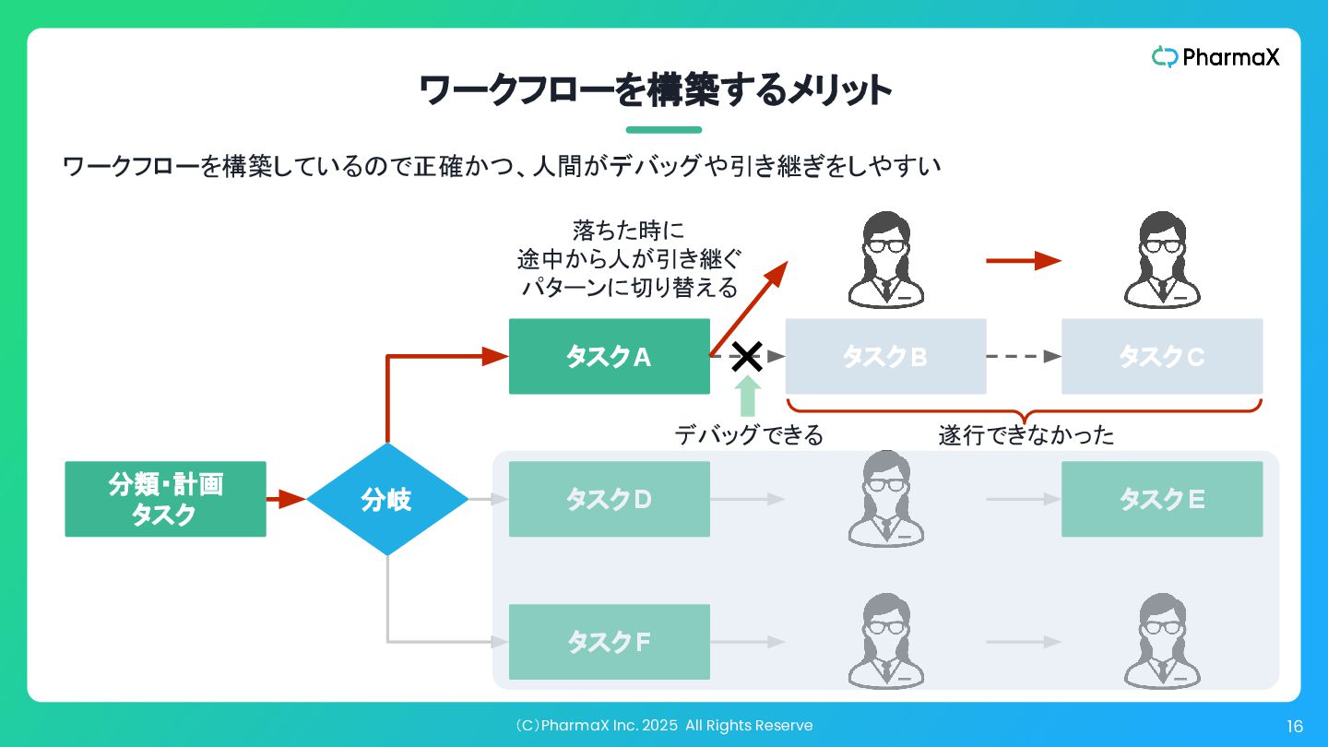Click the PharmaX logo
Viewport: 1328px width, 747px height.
pos(1215,57)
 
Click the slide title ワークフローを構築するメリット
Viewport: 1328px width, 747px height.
pos(656,91)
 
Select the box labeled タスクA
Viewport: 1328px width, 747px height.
pos(609,357)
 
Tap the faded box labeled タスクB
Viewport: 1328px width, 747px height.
pos(885,357)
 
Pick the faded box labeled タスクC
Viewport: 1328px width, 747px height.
pos(1162,357)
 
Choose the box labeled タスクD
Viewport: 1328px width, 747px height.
pos(609,499)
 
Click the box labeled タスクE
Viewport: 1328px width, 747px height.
pos(1162,499)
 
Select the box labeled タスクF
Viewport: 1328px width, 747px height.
pos(609,642)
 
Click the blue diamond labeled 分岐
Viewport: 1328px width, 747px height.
pos(387,499)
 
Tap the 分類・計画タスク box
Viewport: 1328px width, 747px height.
pos(165,499)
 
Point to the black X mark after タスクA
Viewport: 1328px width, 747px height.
pos(747,356)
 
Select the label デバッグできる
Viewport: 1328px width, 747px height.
pos(748,434)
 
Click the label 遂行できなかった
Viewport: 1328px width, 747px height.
pos(1026,434)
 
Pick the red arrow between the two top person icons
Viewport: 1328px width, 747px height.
pos(1023,261)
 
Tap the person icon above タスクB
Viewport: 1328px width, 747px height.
pos(885,260)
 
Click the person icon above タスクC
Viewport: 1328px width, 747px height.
pos(1162,260)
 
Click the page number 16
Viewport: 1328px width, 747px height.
pos(1295,727)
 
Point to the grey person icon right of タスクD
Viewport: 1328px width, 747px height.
pos(885,499)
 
